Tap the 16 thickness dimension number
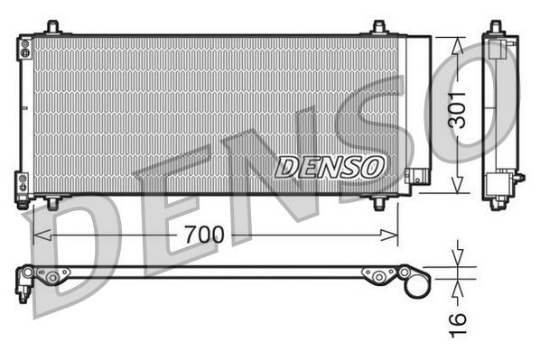pyautogui.click(x=458, y=319)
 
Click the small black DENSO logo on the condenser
pyautogui.click(x=331, y=166)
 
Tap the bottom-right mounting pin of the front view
pyautogui.click(x=380, y=204)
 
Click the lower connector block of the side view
pyautogui.click(x=498, y=186)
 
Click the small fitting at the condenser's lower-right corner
pyautogui.click(x=416, y=176)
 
